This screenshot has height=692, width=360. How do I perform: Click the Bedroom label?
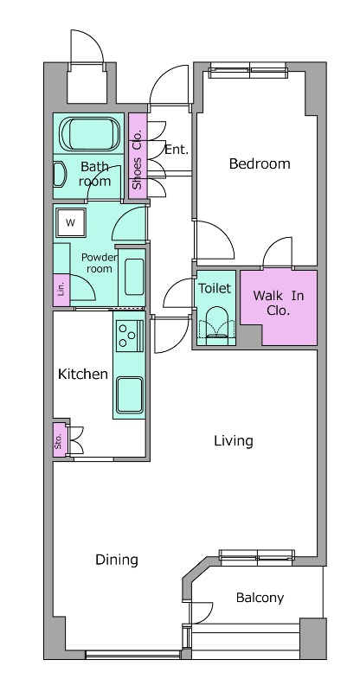tap(260, 164)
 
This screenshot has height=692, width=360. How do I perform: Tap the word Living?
tap(234, 441)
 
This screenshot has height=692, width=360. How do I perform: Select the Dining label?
tap(117, 560)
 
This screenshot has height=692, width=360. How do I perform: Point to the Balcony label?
tap(260, 598)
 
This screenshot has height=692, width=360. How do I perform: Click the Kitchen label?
tap(83, 375)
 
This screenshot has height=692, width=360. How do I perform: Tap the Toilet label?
tap(215, 288)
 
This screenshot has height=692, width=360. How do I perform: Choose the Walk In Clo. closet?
tap(279, 308)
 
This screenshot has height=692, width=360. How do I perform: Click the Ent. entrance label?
tap(177, 149)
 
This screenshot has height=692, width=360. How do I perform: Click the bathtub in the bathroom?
tap(90, 134)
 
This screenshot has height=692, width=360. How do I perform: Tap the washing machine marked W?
tap(71, 222)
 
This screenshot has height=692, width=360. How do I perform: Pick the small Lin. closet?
tap(61, 290)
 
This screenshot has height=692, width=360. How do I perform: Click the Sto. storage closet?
tap(60, 440)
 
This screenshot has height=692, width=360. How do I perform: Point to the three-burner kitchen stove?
tap(130, 336)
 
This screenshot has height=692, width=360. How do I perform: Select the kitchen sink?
tap(130, 395)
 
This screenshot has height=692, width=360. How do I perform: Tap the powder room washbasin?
tap(134, 277)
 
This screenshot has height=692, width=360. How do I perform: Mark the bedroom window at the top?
tap(247, 70)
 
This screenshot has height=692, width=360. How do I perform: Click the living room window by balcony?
tap(257, 557)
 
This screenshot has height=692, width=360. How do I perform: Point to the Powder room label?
tap(99, 263)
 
